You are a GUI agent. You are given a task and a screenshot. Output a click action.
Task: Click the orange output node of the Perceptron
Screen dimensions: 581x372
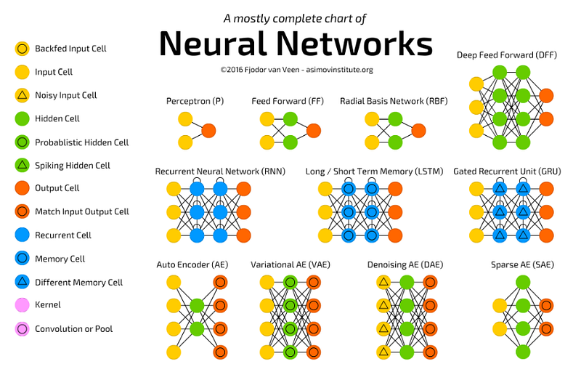pos(208,131)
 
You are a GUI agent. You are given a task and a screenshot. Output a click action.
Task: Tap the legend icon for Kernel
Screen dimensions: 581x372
pos(23,305)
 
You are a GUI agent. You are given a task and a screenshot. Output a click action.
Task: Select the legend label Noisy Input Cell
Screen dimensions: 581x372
pos(65,96)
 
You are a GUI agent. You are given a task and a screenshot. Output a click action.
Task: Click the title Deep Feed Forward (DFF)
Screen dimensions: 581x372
pos(506,55)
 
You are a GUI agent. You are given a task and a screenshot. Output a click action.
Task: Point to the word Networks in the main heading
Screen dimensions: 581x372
pos(354,44)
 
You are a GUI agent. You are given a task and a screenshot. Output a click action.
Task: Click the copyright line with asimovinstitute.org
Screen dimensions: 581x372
pos(296,70)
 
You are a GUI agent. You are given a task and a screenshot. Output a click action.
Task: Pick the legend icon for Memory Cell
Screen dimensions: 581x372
pos(23,258)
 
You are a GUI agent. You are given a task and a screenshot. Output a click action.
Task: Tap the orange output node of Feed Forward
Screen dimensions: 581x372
pos(314,131)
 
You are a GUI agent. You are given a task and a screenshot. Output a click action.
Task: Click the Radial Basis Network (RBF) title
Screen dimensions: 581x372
pos(394,101)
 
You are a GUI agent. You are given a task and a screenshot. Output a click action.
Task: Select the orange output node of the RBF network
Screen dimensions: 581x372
pos(419,131)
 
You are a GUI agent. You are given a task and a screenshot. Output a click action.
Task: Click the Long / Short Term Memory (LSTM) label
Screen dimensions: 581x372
pos(374,171)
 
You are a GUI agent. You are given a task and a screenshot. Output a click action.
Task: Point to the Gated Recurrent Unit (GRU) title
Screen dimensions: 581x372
pos(507,171)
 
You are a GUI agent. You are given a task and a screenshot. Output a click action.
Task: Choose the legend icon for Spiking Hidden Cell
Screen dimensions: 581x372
pos(23,165)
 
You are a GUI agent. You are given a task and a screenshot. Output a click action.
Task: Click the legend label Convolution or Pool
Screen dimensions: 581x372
pos(74,329)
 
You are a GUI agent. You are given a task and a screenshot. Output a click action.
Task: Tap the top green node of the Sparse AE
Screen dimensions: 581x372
pos(523,283)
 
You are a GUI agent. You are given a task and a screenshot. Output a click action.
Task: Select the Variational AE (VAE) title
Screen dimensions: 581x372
pos(290,265)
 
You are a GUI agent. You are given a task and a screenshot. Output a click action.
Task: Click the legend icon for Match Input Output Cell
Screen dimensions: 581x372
pos(23,211)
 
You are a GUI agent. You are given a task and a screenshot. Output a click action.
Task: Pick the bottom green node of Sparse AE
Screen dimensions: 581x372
pos(523,352)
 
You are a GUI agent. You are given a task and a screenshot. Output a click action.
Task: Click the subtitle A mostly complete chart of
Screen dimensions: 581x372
pos(295,18)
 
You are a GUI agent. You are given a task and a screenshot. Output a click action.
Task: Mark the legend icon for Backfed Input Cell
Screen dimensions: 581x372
pos(23,49)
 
